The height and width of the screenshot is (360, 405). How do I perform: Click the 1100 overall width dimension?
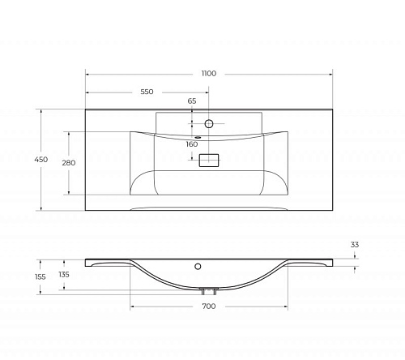point(209,74)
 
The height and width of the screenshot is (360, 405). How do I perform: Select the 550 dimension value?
point(147,92)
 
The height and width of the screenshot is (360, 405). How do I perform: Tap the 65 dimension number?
point(192,101)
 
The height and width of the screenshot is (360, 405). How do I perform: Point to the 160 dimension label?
point(192,144)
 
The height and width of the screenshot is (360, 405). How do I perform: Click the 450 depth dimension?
point(41,160)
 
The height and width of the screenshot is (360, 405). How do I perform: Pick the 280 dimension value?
point(69,163)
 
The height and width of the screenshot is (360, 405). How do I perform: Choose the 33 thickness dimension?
point(355,245)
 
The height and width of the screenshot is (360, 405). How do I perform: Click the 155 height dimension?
point(40,277)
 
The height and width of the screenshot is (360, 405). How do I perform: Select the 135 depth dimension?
point(64,275)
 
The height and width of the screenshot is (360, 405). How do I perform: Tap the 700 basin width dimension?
point(209,306)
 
